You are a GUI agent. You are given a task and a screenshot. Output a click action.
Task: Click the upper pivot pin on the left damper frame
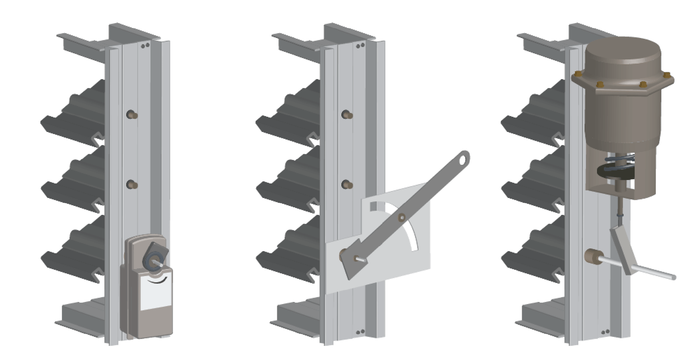(132, 115)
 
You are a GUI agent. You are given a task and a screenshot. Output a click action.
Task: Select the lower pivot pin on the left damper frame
(132, 185)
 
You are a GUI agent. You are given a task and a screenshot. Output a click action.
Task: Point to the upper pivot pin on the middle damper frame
(347, 115)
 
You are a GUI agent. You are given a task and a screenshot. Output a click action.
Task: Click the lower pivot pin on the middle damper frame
(347, 185)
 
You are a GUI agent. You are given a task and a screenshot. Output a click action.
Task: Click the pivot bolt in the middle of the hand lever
(402, 217)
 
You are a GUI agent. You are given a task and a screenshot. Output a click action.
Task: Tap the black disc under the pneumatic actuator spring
(614, 172)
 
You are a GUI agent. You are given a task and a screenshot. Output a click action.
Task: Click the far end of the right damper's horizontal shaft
(674, 277)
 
